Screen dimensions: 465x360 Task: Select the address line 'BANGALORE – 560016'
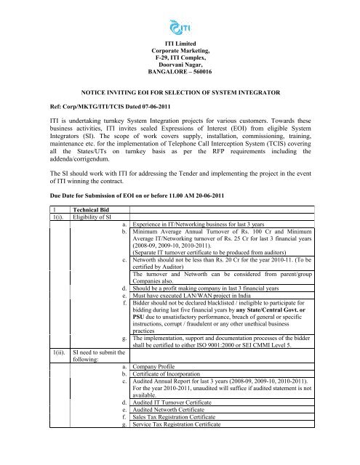coord(180,73)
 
